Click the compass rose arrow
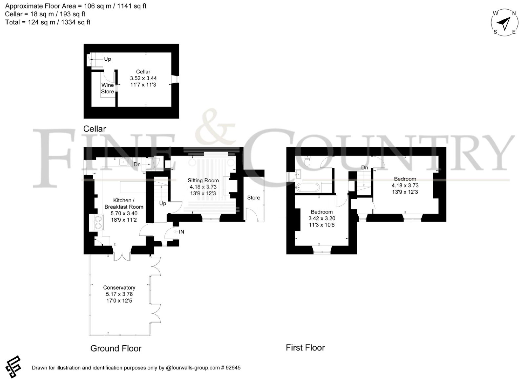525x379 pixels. [505, 23]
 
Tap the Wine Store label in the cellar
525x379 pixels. [108, 88]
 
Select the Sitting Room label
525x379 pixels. [203, 180]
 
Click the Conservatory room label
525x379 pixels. [119, 288]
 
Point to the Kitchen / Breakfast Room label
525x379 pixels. [124, 204]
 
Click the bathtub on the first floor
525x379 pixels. [307, 187]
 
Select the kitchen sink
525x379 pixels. [123, 162]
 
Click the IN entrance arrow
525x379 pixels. [176, 232]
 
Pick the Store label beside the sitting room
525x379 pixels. [254, 198]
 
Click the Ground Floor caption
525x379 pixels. [116, 348]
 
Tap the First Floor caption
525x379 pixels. [305, 348]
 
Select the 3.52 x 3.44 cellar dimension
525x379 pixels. [143, 78]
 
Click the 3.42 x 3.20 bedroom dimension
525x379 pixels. [322, 218]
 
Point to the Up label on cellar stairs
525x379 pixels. [107, 59]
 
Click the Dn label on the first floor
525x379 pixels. [365, 168]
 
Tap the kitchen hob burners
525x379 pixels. [98, 222]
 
